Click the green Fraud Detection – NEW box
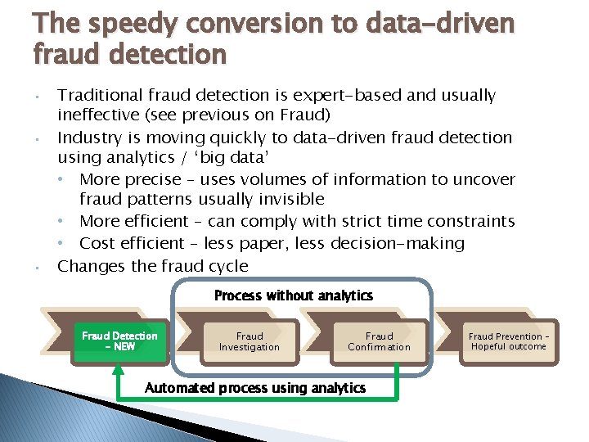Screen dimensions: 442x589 tap(119, 341)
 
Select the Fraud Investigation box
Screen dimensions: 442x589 tap(249, 341)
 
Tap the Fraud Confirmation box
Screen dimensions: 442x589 tap(379, 341)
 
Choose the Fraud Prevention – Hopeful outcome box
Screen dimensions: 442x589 tap(507, 341)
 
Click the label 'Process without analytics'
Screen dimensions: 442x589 tap(293, 295)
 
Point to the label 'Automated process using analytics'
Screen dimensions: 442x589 tap(255, 388)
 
